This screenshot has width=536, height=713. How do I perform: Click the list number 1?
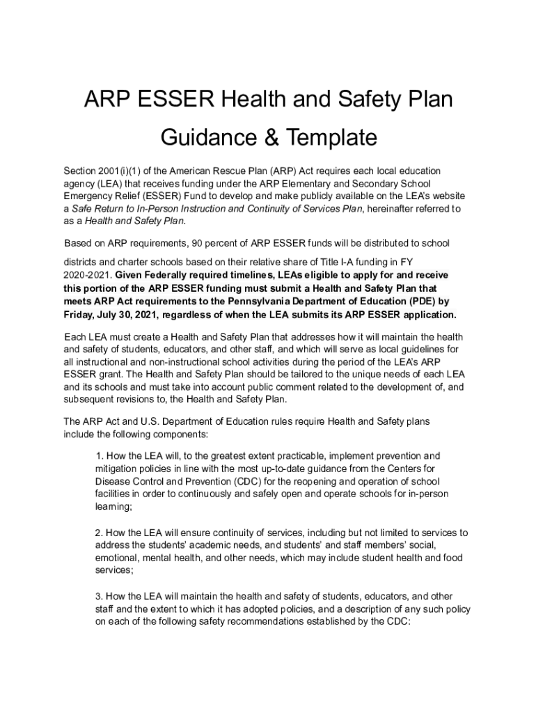(x=99, y=456)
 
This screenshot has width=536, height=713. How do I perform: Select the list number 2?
(x=99, y=533)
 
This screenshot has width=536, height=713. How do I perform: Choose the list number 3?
(x=99, y=597)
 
